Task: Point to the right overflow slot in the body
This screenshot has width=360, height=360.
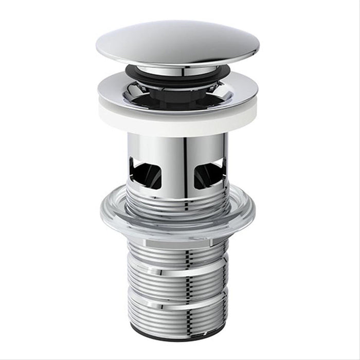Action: tap(209, 172)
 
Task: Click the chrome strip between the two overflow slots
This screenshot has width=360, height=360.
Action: tap(177, 165)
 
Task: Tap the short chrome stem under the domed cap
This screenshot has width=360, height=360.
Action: tap(177, 70)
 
